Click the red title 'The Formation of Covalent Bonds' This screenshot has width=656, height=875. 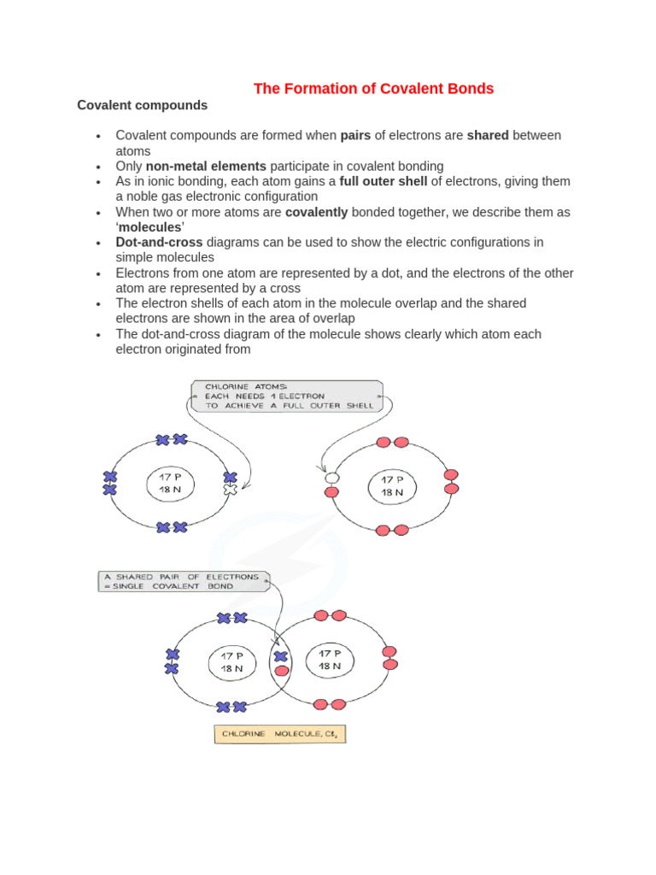[x=373, y=88]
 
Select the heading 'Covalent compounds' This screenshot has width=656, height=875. [x=142, y=105]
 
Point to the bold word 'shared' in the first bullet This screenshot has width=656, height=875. [x=488, y=135]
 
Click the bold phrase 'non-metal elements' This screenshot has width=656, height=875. [x=206, y=166]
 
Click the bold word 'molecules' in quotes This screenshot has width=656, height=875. [x=150, y=227]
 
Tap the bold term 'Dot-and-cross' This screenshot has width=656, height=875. [x=159, y=242]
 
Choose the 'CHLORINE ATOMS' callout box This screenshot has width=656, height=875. [x=287, y=396]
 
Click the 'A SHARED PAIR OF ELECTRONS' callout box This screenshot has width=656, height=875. [x=181, y=581]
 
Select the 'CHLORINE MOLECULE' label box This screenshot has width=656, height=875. [x=280, y=734]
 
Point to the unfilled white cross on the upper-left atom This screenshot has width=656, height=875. [x=229, y=490]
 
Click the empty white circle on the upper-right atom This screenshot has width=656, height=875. [x=331, y=478]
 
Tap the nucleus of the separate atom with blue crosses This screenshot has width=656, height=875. [x=171, y=484]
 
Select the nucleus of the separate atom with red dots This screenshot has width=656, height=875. [x=393, y=486]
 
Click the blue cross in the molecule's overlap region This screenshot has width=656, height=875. [x=280, y=656]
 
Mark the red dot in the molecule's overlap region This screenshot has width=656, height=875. [x=281, y=671]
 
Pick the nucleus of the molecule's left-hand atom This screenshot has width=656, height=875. [x=232, y=662]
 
